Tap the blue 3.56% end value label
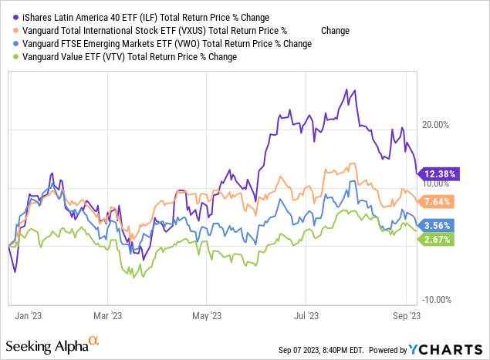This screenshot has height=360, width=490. [x=436, y=226]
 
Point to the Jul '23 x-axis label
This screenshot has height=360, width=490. [x=306, y=315]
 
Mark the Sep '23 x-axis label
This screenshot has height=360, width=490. [x=407, y=315]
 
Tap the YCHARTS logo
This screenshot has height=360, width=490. [x=455, y=349]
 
